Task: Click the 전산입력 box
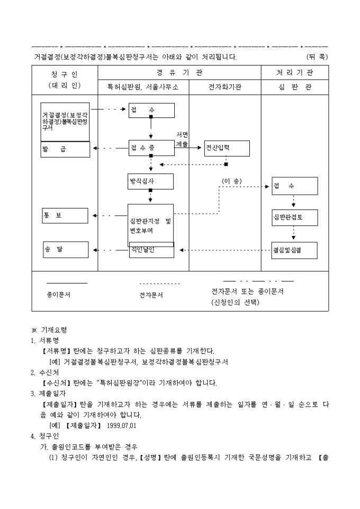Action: [x=227, y=148]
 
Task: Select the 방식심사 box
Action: [x=151, y=181]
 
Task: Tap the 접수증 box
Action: [x=151, y=148]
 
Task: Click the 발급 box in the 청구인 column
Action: [x=65, y=150]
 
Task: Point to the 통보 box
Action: [x=65, y=215]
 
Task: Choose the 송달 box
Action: [x=65, y=249]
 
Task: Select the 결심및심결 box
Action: [x=294, y=250]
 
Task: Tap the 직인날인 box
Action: [x=151, y=251]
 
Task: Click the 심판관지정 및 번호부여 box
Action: [x=151, y=225]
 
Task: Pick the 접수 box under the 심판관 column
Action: [x=294, y=186]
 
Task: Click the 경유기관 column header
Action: [x=179, y=72]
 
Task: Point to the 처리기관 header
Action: [x=294, y=72]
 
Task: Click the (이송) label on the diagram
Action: [x=231, y=181]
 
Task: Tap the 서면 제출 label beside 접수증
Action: [x=182, y=139]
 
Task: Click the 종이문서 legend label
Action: [x=59, y=294]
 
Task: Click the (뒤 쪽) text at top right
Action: [x=317, y=57]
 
